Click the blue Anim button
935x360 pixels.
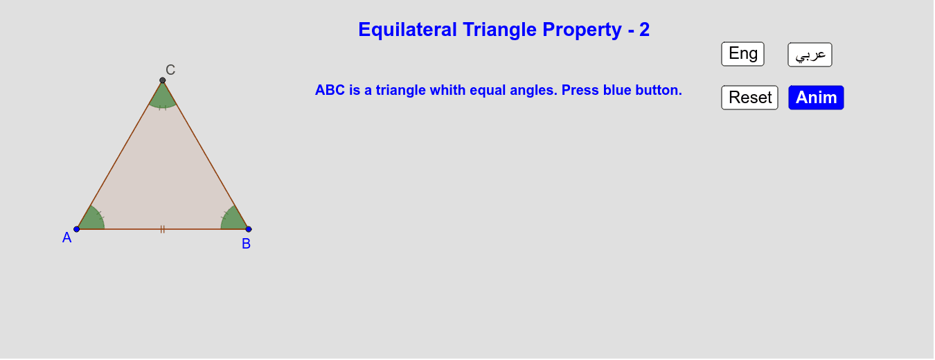point(816,98)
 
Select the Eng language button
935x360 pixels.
point(742,54)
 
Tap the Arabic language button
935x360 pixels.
point(810,55)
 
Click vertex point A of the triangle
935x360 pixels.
point(77,229)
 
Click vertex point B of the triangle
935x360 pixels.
point(249,229)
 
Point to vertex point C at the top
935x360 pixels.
point(163,80)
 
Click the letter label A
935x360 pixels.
point(67,237)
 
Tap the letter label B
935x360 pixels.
point(247,244)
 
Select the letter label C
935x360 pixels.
point(170,70)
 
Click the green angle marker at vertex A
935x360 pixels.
point(91,220)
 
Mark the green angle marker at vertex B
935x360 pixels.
point(234,219)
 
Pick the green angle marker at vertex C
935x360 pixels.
point(163,97)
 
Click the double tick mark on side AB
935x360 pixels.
point(163,229)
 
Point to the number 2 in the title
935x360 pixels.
point(645,30)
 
